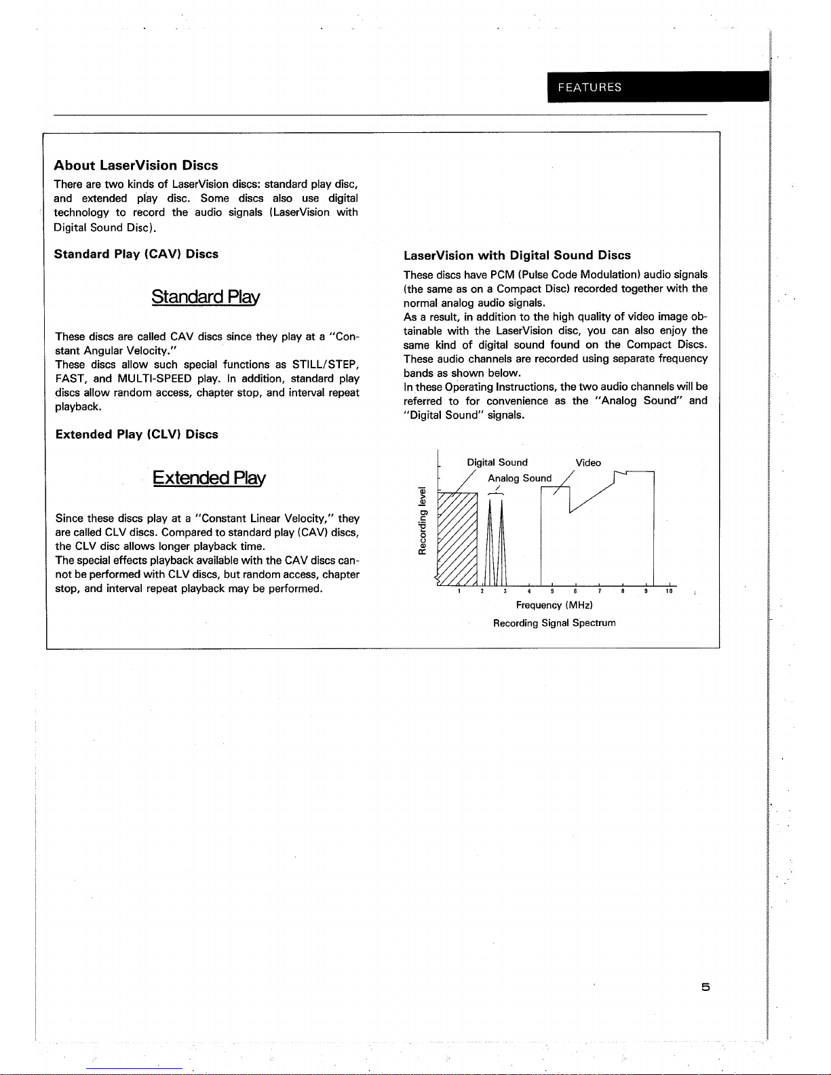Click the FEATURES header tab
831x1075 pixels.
click(x=589, y=87)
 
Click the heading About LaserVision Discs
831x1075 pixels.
click(x=136, y=165)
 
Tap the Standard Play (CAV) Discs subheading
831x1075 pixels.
click(x=136, y=254)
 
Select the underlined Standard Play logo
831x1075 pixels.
click(x=206, y=298)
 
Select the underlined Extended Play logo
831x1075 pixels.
click(x=209, y=478)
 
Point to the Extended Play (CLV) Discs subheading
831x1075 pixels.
click(x=136, y=435)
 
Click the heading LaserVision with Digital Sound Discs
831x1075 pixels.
click(x=517, y=256)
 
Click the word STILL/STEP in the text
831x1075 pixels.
click(x=325, y=365)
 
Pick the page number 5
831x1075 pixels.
click(x=706, y=988)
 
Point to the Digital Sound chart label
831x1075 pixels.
click(x=497, y=463)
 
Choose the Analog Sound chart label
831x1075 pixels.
click(x=520, y=478)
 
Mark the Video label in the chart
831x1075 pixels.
click(x=588, y=463)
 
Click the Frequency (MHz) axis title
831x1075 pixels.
click(x=554, y=605)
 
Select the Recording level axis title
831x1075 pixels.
click(x=422, y=521)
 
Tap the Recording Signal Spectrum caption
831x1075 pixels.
click(x=554, y=623)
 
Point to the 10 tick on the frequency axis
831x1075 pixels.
click(x=668, y=591)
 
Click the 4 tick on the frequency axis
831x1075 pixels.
click(x=529, y=591)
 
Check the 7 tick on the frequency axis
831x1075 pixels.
click(x=599, y=591)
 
